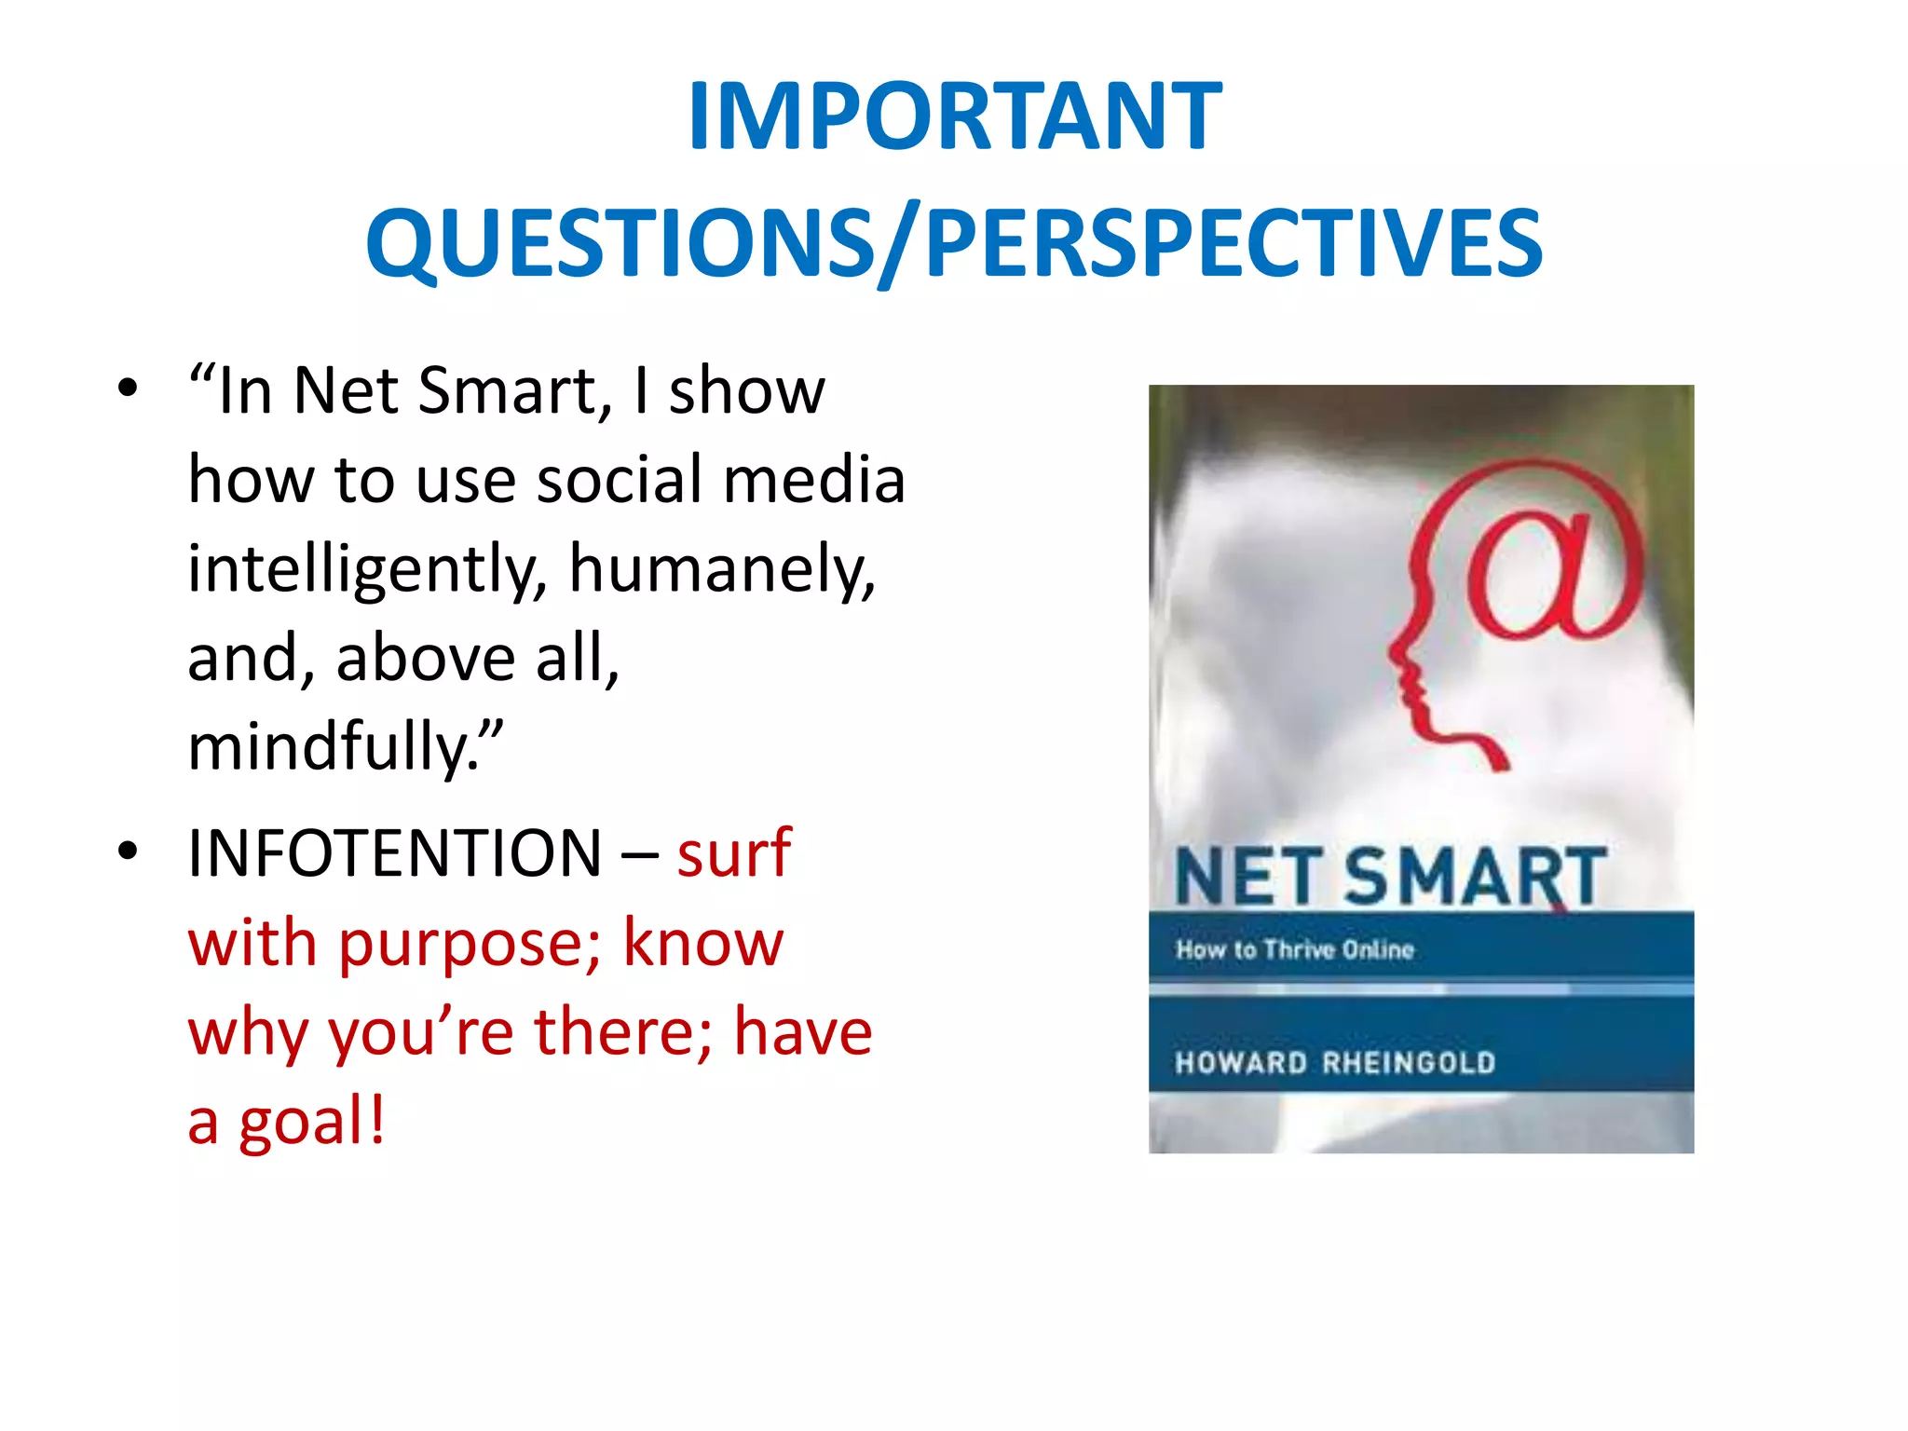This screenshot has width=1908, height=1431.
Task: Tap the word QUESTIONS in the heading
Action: click(619, 244)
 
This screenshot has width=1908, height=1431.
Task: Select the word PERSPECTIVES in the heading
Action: click(1233, 244)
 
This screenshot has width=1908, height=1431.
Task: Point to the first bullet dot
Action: click(129, 388)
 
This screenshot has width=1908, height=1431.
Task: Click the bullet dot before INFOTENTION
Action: click(129, 851)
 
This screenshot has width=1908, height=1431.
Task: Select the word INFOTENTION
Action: click(395, 853)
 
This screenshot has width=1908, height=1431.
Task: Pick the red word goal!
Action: click(312, 1124)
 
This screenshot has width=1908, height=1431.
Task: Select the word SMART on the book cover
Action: click(1476, 877)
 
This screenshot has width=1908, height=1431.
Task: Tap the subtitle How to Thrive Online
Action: click(1295, 950)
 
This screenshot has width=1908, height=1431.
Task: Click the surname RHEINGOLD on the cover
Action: click(1409, 1063)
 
